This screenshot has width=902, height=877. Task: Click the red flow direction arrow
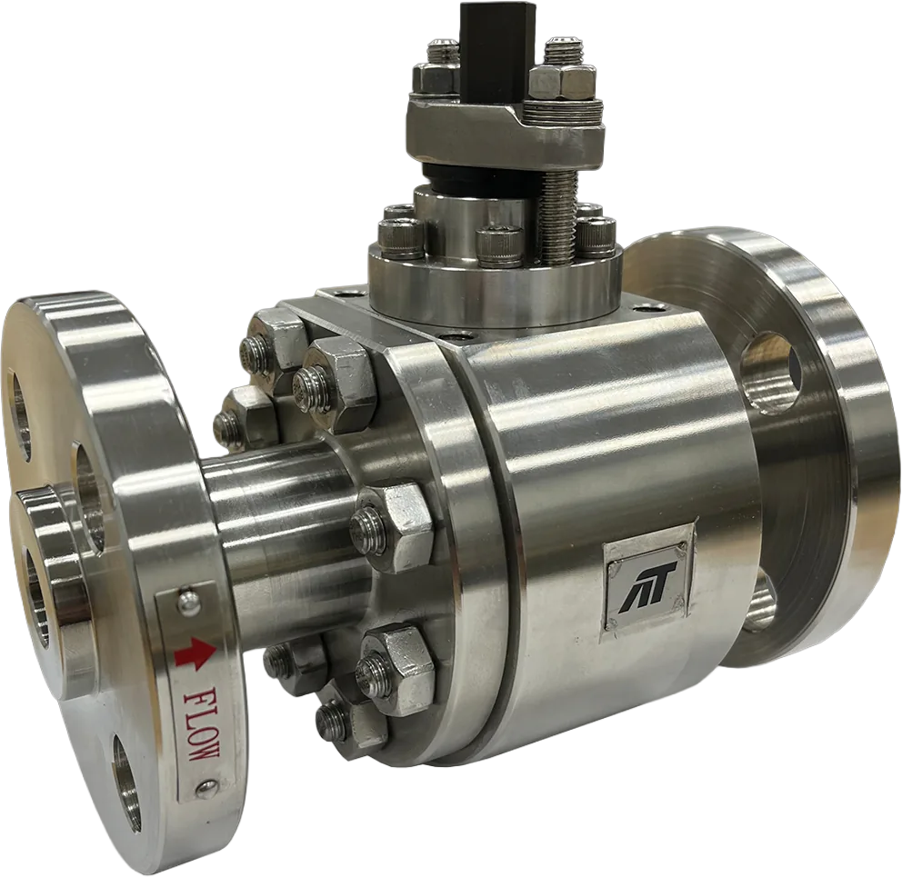click(x=195, y=654)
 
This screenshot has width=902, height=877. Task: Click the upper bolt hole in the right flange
click(x=771, y=367)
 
